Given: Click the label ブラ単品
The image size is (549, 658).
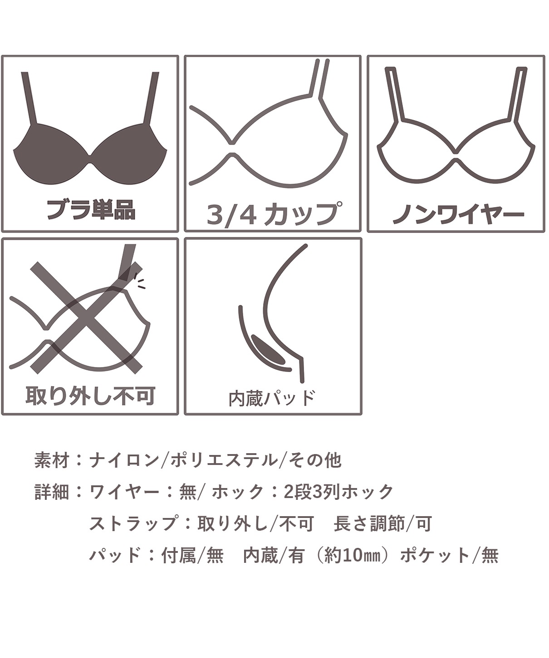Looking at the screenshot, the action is pyautogui.click(x=91, y=209).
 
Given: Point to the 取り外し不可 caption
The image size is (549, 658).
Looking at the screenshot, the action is pyautogui.click(x=90, y=395).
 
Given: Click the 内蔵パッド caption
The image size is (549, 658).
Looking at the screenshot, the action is pyautogui.click(x=272, y=398).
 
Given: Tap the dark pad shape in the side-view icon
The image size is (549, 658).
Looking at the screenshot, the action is pyautogui.click(x=268, y=350).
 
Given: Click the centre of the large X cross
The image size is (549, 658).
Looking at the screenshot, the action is pyautogui.click(x=86, y=317).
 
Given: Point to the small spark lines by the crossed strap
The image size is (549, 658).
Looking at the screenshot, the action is pyautogui.click(x=140, y=281).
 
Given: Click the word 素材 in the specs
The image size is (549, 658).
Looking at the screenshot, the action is pyautogui.click(x=51, y=460).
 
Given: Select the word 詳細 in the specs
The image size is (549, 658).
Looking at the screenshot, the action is pyautogui.click(x=51, y=492).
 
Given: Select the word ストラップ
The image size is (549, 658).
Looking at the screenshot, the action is pyautogui.click(x=132, y=523).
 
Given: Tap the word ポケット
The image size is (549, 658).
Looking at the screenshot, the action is pyautogui.click(x=436, y=556).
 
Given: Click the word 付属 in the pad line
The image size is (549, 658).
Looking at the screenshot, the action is pyautogui.click(x=179, y=556).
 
